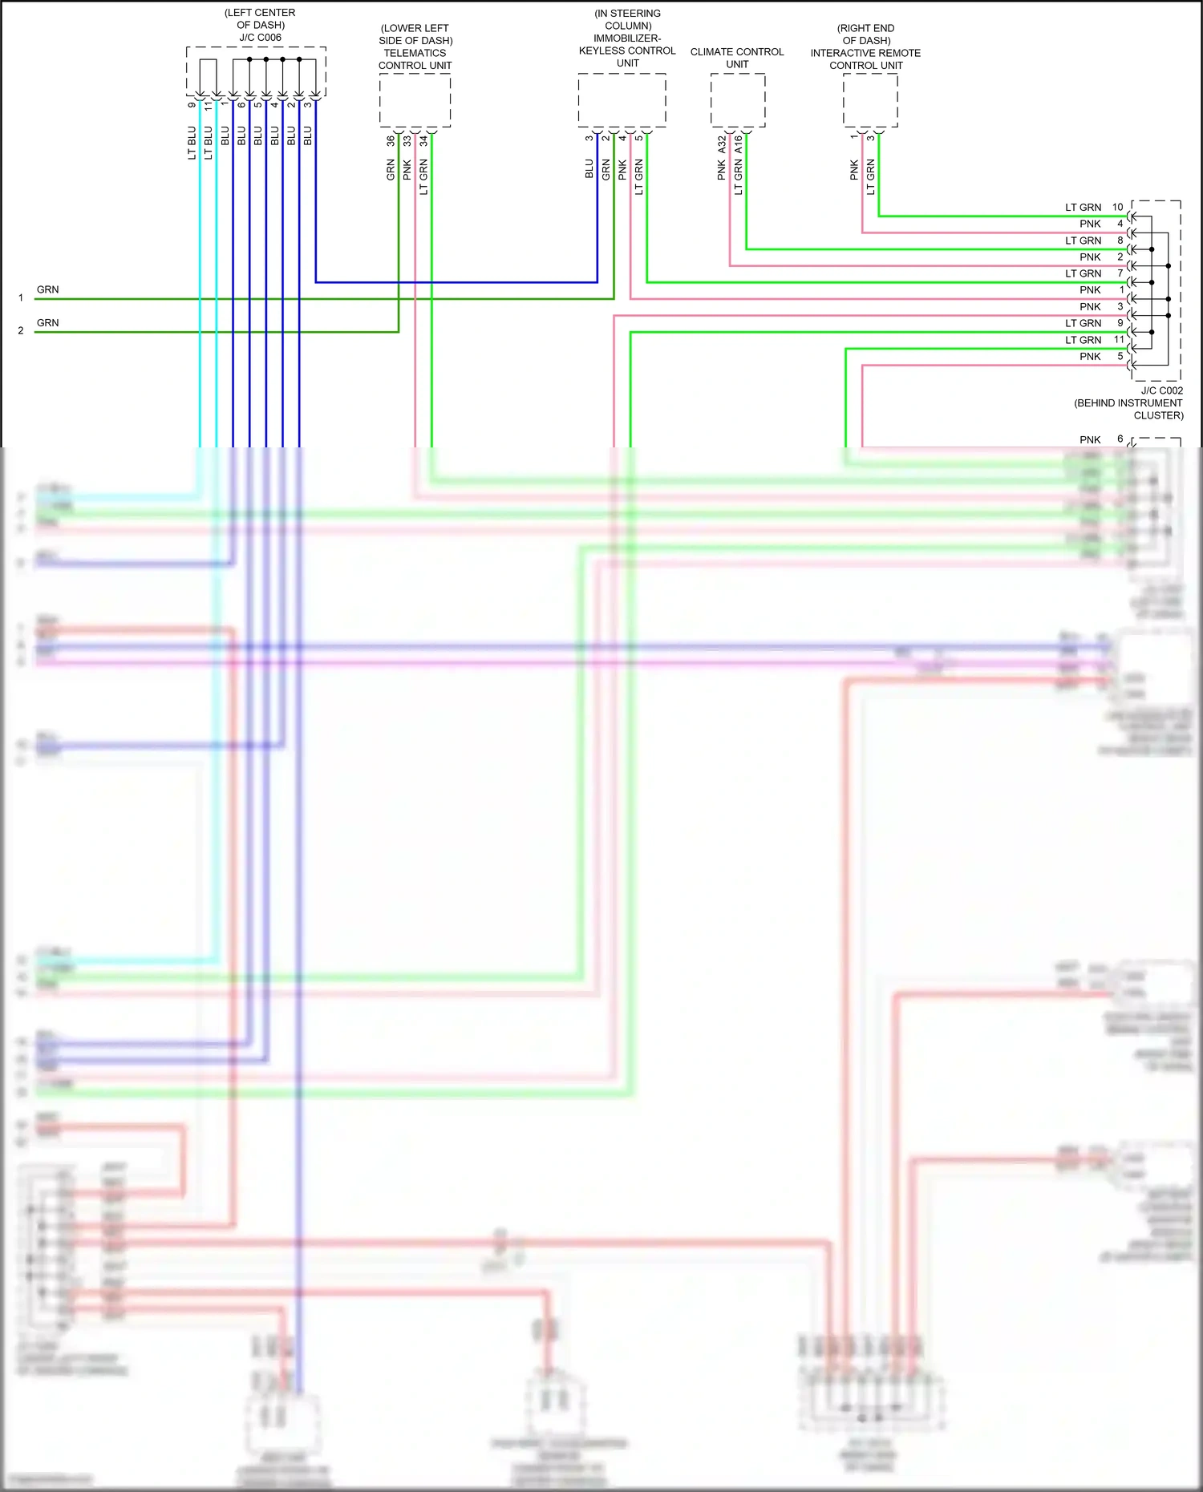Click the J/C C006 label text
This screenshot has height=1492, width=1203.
click(260, 38)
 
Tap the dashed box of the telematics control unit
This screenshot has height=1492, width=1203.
click(415, 100)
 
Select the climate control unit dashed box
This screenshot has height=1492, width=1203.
click(738, 100)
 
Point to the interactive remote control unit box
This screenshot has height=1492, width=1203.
click(870, 100)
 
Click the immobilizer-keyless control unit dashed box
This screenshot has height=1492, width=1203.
click(622, 100)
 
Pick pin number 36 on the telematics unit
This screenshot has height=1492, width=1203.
click(391, 141)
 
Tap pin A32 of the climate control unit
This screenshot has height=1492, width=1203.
click(722, 144)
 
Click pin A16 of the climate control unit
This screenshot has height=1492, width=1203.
click(739, 144)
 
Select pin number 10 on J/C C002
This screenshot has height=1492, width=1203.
click(1117, 207)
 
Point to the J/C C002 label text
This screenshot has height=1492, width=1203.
click(1161, 390)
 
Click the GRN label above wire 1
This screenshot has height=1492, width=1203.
click(47, 289)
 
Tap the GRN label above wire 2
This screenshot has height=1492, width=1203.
click(47, 322)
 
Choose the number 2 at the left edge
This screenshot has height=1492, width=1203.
click(21, 330)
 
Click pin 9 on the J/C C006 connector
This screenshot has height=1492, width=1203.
click(192, 105)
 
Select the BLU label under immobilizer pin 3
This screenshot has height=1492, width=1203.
click(589, 168)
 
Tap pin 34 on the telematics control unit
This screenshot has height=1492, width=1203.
click(423, 141)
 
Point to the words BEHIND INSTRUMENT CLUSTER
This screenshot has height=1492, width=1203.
click(1129, 409)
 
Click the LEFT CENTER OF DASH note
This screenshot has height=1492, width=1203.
click(260, 18)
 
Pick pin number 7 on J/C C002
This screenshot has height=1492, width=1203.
click(1120, 273)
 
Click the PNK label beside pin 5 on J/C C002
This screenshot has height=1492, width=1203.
click(1090, 356)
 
